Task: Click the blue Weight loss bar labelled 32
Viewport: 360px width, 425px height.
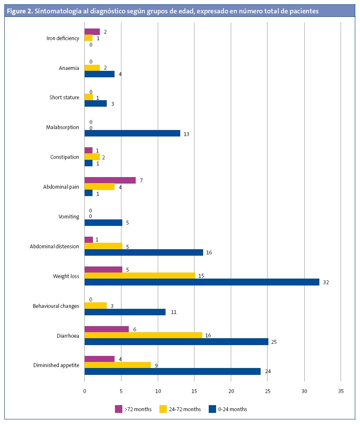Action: (x=201, y=282)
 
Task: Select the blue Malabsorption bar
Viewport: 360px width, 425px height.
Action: (x=132, y=133)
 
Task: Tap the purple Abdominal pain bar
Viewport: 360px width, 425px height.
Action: (x=110, y=180)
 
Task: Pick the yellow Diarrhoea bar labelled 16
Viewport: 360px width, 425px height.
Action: (x=143, y=335)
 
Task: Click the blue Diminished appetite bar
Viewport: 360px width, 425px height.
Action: (x=172, y=371)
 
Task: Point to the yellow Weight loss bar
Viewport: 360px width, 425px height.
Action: (x=140, y=276)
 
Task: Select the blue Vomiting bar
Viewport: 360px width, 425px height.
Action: (x=103, y=223)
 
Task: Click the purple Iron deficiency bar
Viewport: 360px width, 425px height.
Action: (x=92, y=32)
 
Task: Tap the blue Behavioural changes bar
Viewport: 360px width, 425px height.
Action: (x=125, y=312)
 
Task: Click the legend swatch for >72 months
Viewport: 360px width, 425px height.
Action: (x=118, y=409)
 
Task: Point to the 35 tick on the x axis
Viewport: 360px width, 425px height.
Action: (x=341, y=391)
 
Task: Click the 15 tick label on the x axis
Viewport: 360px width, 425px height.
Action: (x=194, y=391)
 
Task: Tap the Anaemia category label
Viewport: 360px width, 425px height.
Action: (x=69, y=68)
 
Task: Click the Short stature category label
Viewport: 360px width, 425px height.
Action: (x=64, y=98)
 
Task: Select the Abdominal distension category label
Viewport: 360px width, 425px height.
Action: (x=54, y=247)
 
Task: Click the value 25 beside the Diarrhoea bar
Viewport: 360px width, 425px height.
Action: (x=274, y=342)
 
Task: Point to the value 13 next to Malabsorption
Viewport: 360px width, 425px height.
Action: (x=186, y=134)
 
